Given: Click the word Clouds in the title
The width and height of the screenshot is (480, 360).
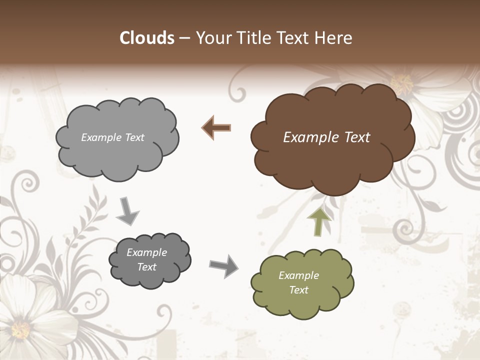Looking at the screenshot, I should click(147, 38).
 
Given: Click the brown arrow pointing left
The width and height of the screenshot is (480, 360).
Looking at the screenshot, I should click(216, 128).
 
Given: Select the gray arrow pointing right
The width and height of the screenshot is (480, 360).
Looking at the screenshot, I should click(223, 265).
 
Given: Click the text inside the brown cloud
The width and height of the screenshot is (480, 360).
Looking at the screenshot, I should click(326, 137).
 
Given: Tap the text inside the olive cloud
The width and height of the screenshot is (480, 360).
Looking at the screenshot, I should click(298, 282).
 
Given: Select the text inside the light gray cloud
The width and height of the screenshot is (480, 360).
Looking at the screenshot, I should click(112, 137).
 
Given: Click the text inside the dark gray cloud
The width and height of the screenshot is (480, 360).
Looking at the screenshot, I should click(146, 259).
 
